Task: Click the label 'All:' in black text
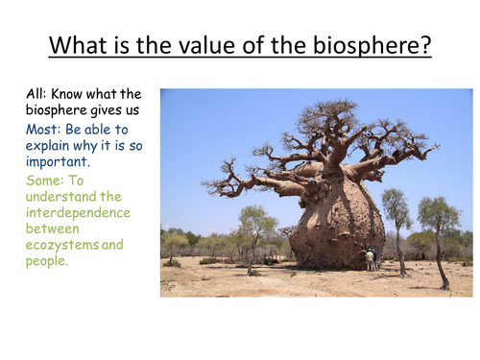38,94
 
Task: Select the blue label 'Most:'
44,129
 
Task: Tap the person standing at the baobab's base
371,259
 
